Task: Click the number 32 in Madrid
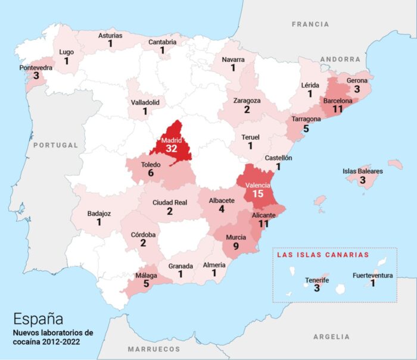point(172,148)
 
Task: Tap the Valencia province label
point(258,185)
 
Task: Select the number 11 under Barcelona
point(338,109)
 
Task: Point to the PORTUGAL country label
point(56,145)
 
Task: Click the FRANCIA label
point(310,24)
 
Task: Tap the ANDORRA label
point(340,60)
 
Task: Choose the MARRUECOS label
point(154,349)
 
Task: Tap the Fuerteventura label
point(372,276)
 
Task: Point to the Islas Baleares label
point(362,171)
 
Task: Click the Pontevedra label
point(36,68)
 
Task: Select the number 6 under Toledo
point(151,173)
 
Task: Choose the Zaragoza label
point(247,101)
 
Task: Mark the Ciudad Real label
point(170,202)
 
